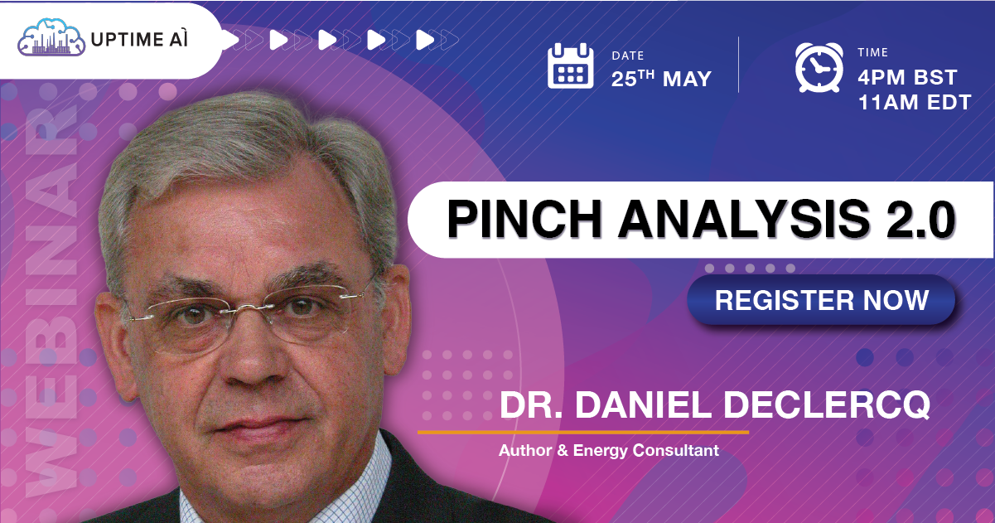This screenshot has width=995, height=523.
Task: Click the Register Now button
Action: point(821,300)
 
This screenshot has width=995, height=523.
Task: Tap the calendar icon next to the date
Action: point(571,66)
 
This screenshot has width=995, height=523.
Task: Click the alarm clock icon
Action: point(819,67)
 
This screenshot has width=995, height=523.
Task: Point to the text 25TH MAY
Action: point(661,79)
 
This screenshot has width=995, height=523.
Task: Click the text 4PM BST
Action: point(907,78)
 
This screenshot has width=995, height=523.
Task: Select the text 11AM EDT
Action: point(914,103)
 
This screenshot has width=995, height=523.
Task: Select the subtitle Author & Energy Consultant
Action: point(608,451)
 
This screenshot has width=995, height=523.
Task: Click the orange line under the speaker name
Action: point(582,432)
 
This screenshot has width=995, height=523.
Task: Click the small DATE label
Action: point(627,56)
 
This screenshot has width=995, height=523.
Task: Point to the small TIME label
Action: point(872,53)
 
